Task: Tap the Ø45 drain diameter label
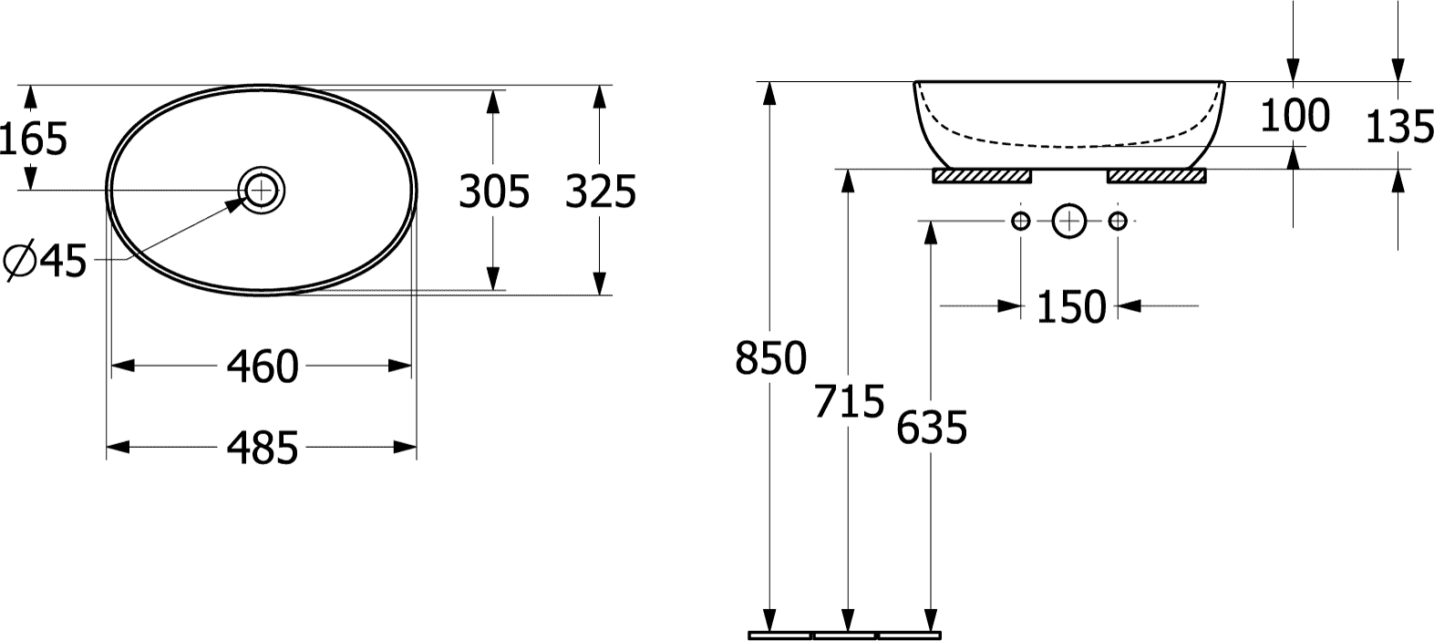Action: click(x=46, y=263)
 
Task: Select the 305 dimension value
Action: click(x=493, y=192)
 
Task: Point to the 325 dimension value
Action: click(x=600, y=192)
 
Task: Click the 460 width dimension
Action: click(x=263, y=367)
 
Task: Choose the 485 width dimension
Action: click(x=263, y=448)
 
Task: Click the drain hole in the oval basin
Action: click(x=262, y=190)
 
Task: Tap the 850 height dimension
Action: click(x=771, y=358)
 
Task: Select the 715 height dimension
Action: click(x=850, y=402)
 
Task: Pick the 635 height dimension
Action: click(x=931, y=427)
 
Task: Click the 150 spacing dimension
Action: click(x=1071, y=307)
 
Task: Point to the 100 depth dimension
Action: click(x=1294, y=116)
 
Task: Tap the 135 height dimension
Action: click(x=1399, y=128)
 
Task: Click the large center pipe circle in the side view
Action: click(x=1069, y=221)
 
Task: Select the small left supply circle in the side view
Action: click(x=1021, y=221)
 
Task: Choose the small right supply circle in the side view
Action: click(x=1119, y=221)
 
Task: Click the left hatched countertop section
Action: click(x=982, y=176)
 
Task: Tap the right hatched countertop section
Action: click(x=1156, y=176)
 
